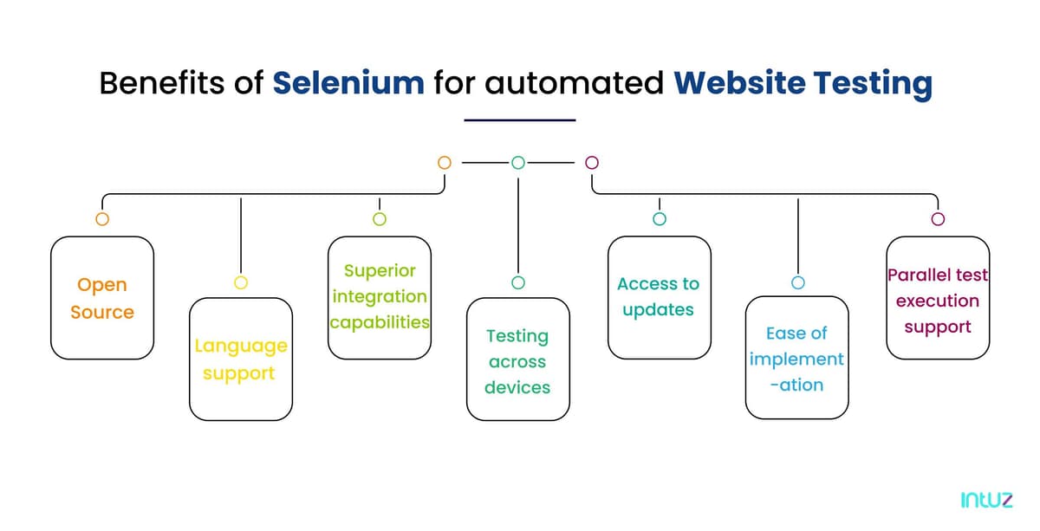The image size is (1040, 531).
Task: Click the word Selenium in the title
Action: (x=348, y=83)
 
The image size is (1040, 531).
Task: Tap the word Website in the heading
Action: (x=739, y=83)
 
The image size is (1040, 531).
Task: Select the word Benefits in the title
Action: (x=162, y=83)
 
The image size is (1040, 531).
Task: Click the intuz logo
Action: (x=986, y=500)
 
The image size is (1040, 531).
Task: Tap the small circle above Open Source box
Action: (x=102, y=212)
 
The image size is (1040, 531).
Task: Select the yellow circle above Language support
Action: (x=241, y=276)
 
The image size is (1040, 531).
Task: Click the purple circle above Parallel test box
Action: (x=938, y=212)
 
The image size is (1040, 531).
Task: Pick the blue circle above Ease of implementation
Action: (x=797, y=276)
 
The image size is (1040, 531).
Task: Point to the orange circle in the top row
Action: (x=445, y=157)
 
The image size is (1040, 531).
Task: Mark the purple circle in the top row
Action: (x=592, y=157)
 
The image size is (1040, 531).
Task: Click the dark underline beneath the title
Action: (x=520, y=120)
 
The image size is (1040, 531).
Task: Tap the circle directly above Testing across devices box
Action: (x=518, y=276)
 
